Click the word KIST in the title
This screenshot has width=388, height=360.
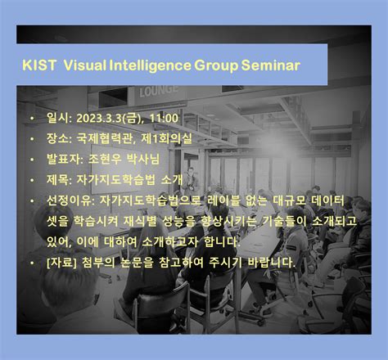[38, 64]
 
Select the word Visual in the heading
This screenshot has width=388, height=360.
[85, 64]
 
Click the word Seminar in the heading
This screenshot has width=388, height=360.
[271, 64]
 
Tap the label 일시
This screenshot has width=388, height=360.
[58, 119]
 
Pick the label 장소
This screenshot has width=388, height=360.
[58, 140]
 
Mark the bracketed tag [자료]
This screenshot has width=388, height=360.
[65, 263]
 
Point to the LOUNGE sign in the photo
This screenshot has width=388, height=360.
[159, 91]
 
